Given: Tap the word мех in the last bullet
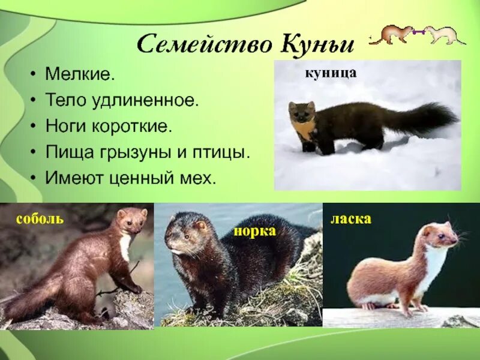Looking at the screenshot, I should (x=201, y=178).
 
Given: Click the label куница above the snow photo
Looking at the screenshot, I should (x=331, y=73).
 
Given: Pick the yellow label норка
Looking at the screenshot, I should (x=254, y=231).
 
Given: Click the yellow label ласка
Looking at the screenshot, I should (x=351, y=219).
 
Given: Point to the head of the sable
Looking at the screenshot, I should (x=132, y=220).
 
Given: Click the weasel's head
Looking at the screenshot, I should (x=441, y=235).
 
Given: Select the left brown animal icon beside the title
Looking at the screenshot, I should (x=390, y=35).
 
